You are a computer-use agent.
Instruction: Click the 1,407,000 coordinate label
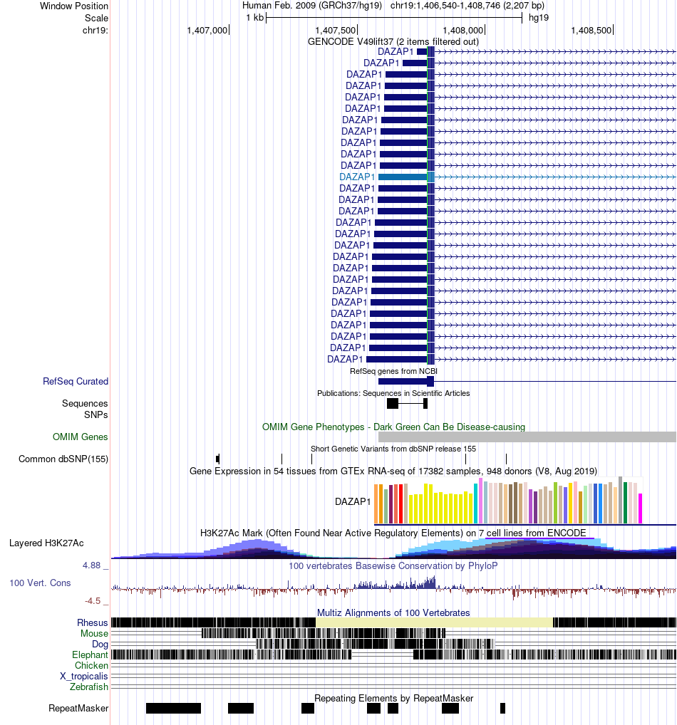click(x=207, y=31)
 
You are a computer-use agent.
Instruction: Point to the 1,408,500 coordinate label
click(x=591, y=31)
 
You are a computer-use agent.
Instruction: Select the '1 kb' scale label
click(x=254, y=18)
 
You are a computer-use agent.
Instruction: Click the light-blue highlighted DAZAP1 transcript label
click(x=357, y=177)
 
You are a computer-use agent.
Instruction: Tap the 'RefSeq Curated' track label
click(x=76, y=382)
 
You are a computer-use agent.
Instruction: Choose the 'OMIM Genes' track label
click(x=81, y=437)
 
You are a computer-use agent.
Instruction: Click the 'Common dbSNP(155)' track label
click(x=63, y=459)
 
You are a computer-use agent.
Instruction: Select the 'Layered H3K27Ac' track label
click(x=46, y=543)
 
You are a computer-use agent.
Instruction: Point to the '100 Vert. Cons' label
click(x=40, y=583)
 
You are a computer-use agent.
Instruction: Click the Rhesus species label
click(x=93, y=622)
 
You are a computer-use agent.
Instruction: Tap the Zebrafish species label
click(x=89, y=687)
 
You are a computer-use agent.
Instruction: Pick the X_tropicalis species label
click(x=84, y=676)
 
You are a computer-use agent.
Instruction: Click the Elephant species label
click(x=90, y=654)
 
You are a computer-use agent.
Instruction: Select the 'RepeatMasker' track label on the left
click(x=78, y=708)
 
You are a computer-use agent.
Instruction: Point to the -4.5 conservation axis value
click(x=94, y=600)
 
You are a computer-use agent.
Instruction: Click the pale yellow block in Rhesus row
click(x=433, y=622)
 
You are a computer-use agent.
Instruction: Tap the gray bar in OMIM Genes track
click(x=527, y=437)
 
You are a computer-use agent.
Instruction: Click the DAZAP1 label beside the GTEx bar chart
click(x=353, y=501)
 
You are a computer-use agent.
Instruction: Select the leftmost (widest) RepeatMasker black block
click(x=173, y=708)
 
